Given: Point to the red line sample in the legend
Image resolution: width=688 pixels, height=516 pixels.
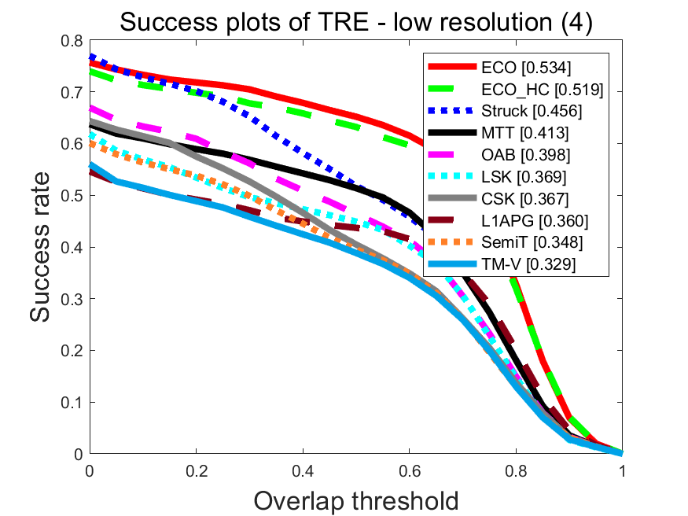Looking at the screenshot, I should pos(452,67).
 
